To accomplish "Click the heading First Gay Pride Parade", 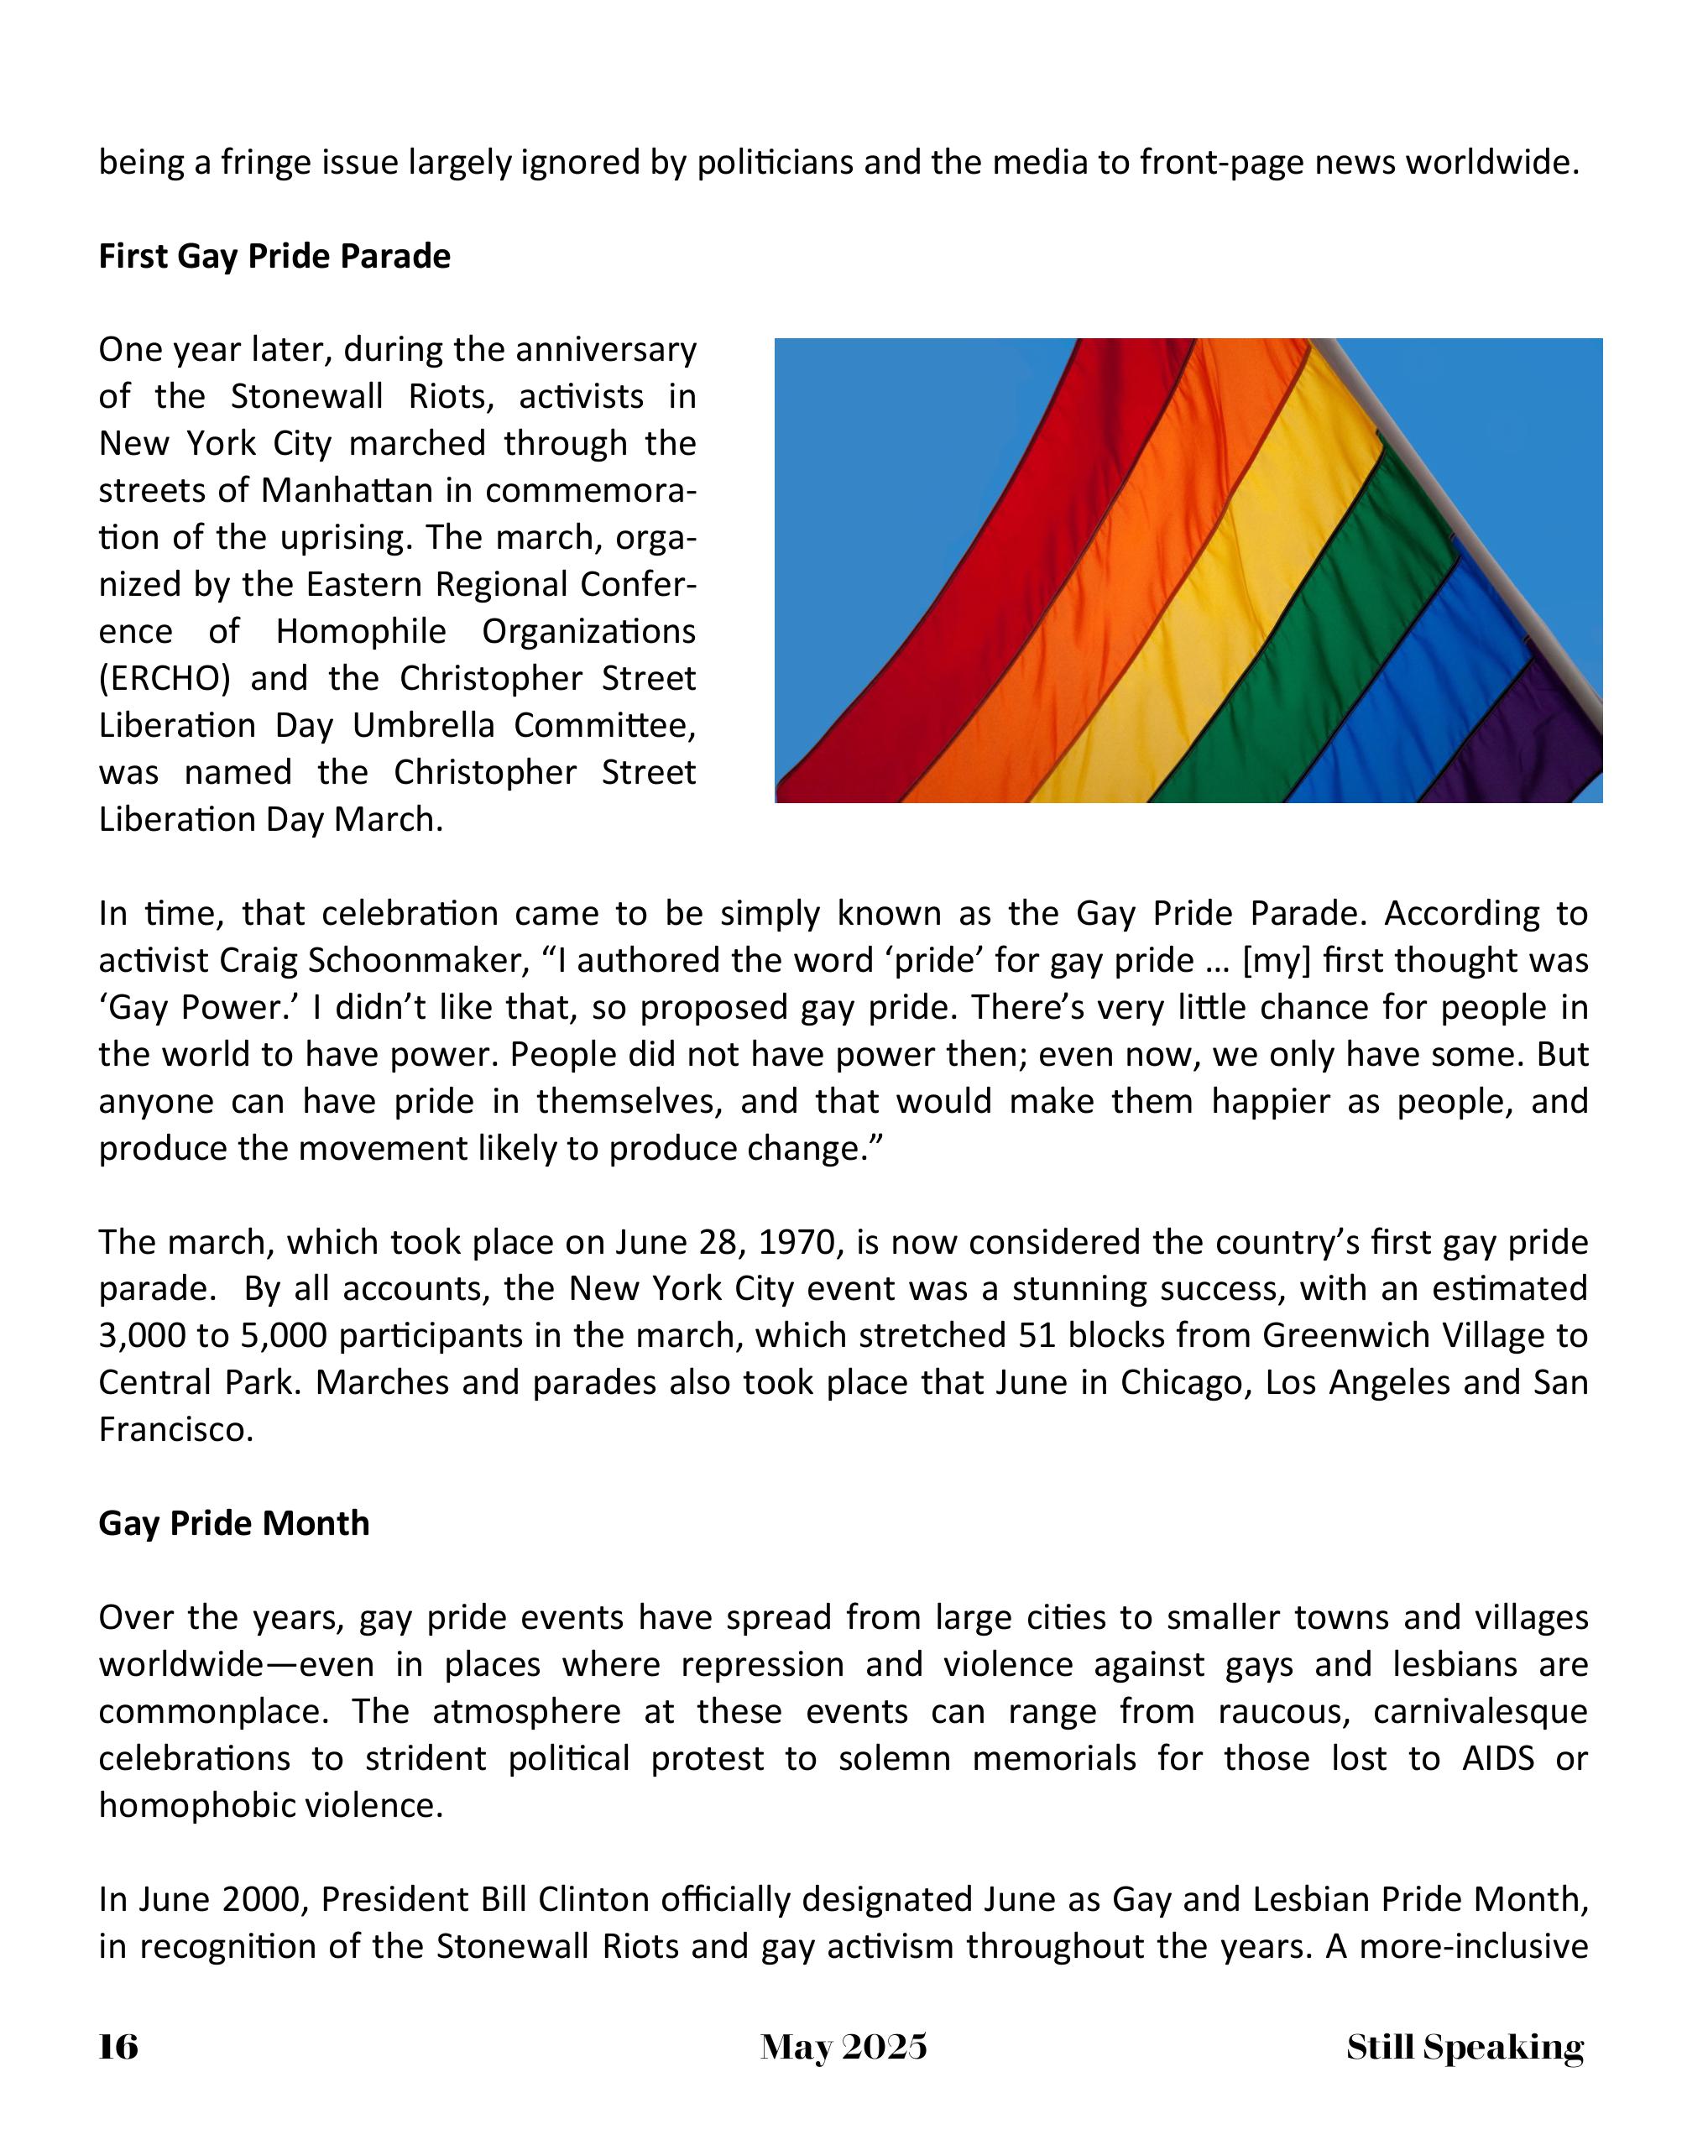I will point(274,256).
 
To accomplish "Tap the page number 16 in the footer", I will point(118,2046).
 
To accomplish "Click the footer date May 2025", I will point(843,2046).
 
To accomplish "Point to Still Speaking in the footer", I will point(1465,2047).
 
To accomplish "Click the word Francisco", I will point(175,1429).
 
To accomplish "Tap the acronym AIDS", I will point(1497,1758).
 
